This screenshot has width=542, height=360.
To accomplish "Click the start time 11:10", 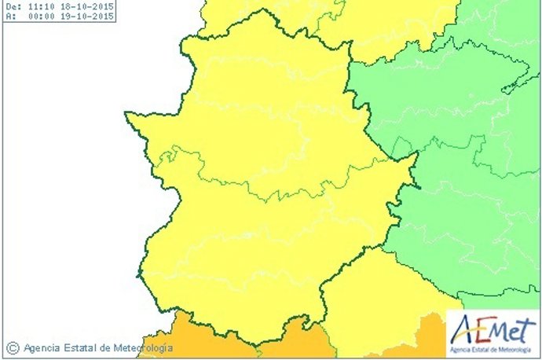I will pos(39,6).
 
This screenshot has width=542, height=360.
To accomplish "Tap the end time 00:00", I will pos(39,15).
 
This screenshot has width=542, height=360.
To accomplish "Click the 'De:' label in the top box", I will pos(11,6).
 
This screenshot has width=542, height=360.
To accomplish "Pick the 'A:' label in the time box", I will pos(9,15).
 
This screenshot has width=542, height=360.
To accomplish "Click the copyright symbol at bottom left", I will pos(12,347).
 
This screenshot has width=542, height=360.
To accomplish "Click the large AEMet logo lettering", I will pos(491,329).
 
